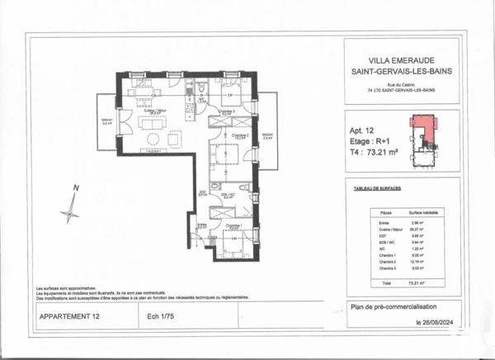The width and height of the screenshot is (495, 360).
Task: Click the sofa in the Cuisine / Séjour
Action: pyautogui.click(x=153, y=140)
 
